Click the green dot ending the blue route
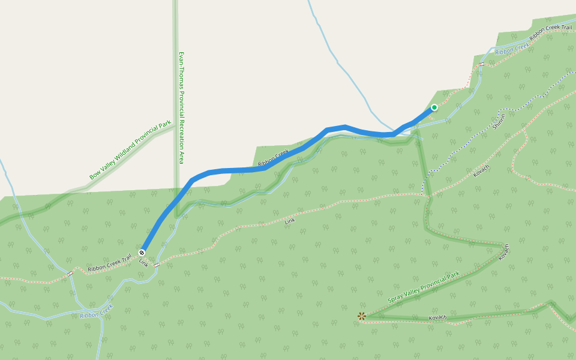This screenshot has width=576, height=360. point(434,107)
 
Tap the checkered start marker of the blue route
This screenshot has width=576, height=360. point(142,253)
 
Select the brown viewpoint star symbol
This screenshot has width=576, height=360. point(361,316)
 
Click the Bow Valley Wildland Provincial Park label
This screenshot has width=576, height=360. point(130,151)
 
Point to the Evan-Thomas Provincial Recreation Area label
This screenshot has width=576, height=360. point(181,107)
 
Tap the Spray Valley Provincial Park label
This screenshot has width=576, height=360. point(423,287)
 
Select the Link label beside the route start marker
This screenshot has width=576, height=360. point(143,263)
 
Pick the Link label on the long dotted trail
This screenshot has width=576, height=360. point(290,221)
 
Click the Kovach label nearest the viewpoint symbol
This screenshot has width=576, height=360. point(437,317)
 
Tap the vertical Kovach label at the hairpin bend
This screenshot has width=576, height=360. point(504,251)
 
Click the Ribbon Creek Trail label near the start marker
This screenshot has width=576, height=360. point(109,265)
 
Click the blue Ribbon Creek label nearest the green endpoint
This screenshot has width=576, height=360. point(512,48)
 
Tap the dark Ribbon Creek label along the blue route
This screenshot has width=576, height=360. point(273,158)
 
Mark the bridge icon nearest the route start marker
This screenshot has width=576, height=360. point(157,265)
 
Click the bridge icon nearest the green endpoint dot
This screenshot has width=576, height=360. point(481,64)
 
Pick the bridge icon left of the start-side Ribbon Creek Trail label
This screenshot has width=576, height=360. point(70,274)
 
